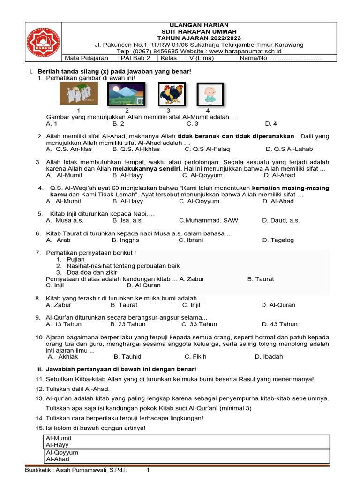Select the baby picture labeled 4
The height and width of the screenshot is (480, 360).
[x=210, y=94]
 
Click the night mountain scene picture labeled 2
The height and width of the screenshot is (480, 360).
[x=126, y=94]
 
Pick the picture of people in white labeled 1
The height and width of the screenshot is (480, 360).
[x=79, y=94]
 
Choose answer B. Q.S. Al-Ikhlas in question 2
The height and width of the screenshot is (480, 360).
[x=136, y=149]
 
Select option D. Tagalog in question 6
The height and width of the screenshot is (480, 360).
[x=278, y=240]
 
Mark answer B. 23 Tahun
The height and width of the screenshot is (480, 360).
[x=128, y=324]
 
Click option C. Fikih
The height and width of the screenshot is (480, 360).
[x=195, y=356]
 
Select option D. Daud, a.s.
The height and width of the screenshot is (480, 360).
[x=281, y=220]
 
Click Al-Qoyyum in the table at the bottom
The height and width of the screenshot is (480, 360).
[x=62, y=453]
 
